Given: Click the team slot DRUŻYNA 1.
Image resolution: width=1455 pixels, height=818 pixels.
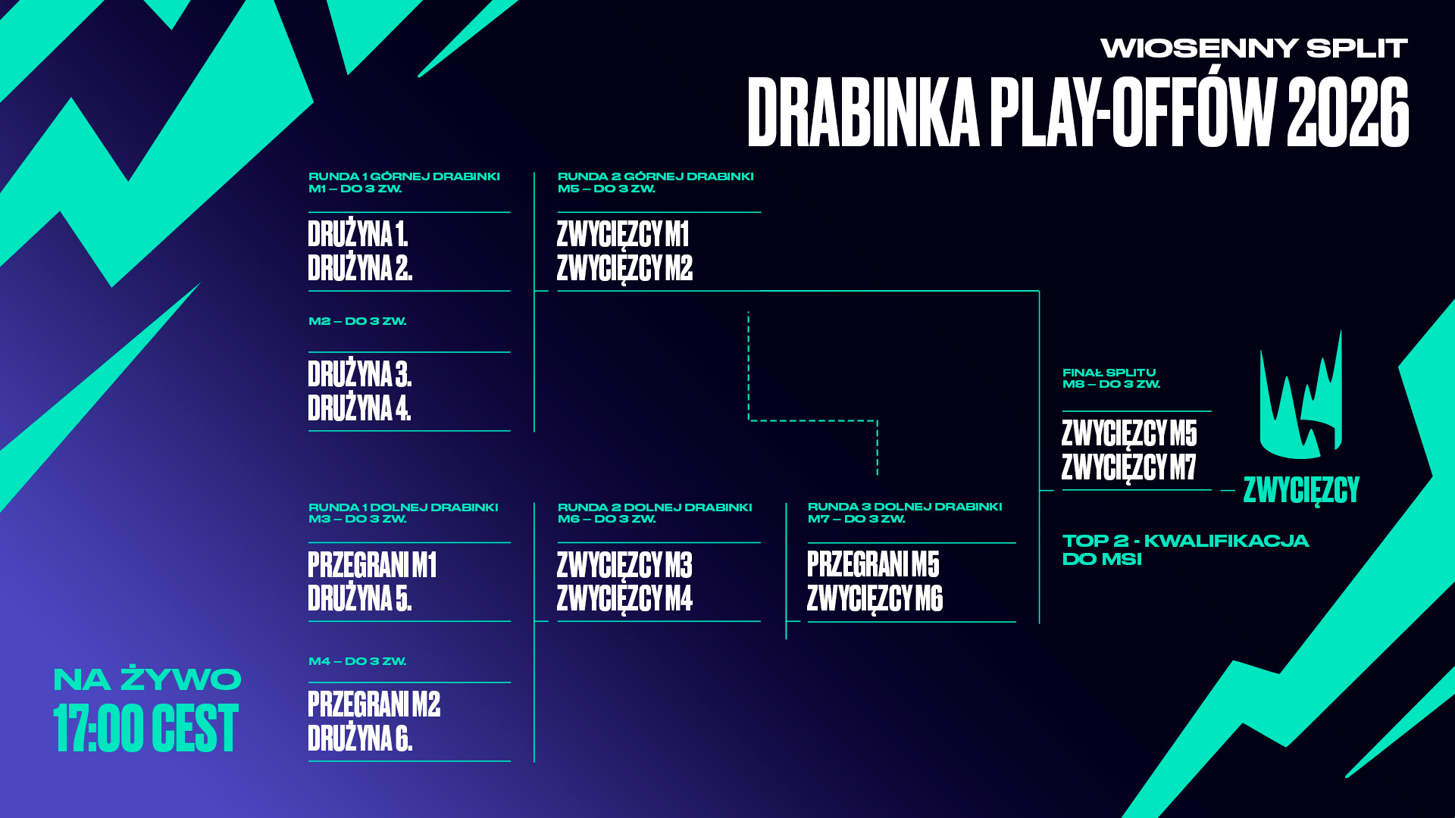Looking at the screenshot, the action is (x=358, y=234).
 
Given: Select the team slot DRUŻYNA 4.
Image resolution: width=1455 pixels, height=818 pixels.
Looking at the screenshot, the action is (x=359, y=407).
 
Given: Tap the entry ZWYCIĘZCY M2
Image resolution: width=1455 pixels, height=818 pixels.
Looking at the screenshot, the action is (x=624, y=269).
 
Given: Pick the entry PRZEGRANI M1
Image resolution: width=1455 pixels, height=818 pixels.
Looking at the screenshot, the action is (x=372, y=565).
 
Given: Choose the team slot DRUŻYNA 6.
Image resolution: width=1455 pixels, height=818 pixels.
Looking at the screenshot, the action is (x=360, y=738).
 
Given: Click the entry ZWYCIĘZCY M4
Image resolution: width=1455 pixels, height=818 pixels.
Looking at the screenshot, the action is (x=624, y=599).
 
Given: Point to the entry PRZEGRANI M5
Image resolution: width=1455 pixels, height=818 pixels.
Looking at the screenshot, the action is (x=873, y=564).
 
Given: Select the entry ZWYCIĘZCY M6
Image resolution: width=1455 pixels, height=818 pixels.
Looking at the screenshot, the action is (x=875, y=599).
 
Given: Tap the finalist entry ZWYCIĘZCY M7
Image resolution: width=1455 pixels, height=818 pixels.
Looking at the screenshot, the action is (x=1128, y=468).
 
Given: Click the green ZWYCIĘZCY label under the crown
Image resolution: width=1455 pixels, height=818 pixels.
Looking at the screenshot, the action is (x=1301, y=491).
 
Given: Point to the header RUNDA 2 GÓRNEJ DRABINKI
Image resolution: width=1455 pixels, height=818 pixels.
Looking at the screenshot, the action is (x=656, y=176).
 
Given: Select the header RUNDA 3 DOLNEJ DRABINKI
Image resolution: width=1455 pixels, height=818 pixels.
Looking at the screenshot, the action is (x=905, y=507).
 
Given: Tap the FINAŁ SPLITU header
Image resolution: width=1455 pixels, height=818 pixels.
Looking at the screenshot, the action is (x=1109, y=373).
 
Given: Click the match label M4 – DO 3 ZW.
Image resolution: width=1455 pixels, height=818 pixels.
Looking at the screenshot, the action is (x=357, y=661).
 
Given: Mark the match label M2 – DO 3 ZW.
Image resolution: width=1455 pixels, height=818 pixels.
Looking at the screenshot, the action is (x=357, y=321).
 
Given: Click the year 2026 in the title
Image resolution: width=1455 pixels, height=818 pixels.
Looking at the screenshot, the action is (x=1348, y=113).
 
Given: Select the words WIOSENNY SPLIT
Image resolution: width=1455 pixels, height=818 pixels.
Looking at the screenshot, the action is (x=1254, y=48).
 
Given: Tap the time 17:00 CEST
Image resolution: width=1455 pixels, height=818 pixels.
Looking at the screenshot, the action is (x=145, y=728).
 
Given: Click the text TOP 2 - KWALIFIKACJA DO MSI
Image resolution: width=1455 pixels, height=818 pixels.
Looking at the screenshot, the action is (x=1185, y=550).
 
